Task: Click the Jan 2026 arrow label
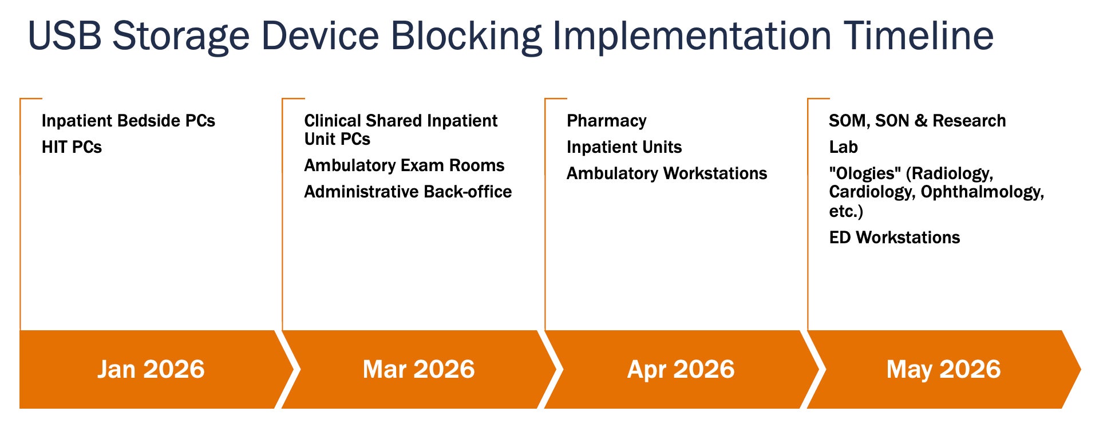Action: (x=151, y=369)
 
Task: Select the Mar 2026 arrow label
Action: (x=418, y=369)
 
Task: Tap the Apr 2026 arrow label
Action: (x=681, y=370)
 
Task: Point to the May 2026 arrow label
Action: (x=943, y=370)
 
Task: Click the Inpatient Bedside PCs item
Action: (x=128, y=121)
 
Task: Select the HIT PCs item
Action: (x=72, y=147)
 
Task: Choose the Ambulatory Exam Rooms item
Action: (x=404, y=165)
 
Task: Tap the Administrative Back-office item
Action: (x=408, y=192)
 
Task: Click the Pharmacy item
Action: (x=607, y=121)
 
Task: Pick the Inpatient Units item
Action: (x=624, y=147)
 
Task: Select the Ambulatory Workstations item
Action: (x=667, y=173)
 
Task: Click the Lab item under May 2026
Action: (x=843, y=147)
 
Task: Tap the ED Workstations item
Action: (x=894, y=238)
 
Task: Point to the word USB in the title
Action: (x=65, y=35)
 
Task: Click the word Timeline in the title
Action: (x=918, y=35)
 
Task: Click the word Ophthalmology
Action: (x=982, y=192)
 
